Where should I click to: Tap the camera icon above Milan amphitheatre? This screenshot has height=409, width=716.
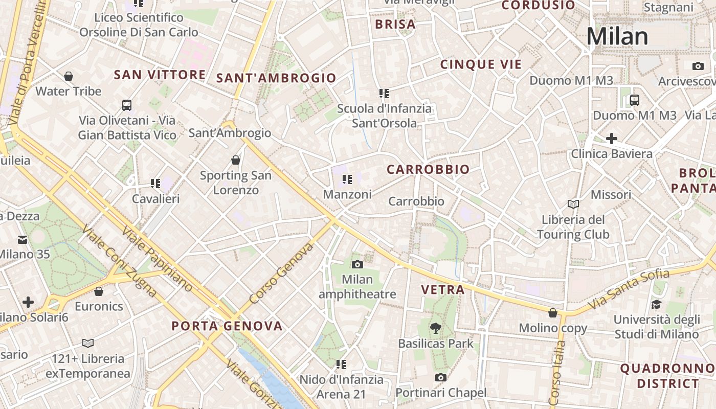coord(357,264)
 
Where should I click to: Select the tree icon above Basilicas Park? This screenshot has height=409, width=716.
coord(436,328)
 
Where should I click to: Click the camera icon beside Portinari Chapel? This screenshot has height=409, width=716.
coord(440,378)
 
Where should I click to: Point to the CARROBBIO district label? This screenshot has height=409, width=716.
coord(428,170)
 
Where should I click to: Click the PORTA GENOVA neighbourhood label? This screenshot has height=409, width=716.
coord(227,326)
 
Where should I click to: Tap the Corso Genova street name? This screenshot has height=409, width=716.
coord(281,274)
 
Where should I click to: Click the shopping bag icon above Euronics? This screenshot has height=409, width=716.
coord(99,291)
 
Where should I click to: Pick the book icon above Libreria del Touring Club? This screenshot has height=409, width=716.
coord(573,204)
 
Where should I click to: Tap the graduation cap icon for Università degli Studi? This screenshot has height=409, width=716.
coord(656,305)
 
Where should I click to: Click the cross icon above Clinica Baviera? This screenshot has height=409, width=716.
coord(611,139)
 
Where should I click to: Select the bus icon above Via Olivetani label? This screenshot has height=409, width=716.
coord(127,105)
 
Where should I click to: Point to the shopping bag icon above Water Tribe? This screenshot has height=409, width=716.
coord(69,76)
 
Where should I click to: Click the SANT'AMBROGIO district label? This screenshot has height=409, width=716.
coord(276,78)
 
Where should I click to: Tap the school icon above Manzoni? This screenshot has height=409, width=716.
coord(347,179)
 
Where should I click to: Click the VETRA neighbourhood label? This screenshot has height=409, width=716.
coord(443,290)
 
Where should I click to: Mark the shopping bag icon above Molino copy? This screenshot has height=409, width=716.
coord(553,312)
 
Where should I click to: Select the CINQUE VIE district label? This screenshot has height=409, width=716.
coord(481,64)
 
